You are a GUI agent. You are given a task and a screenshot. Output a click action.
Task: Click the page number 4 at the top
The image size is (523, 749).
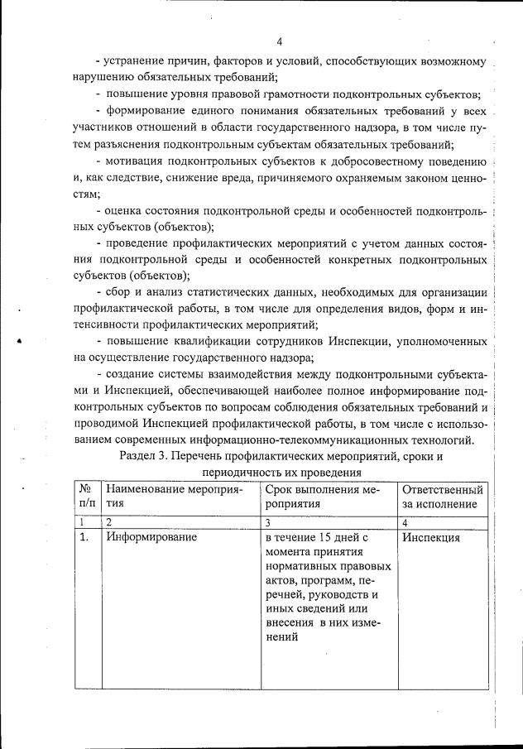tap(280, 41)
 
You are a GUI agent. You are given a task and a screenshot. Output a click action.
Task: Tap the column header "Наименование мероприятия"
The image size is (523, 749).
tap(170, 496)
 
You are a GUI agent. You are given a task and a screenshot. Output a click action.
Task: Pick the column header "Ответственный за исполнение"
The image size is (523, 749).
tap(442, 496)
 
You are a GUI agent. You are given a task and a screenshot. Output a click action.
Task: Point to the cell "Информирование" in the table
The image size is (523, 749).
tap(151, 538)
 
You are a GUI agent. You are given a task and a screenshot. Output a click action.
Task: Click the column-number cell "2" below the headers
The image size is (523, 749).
tap(109, 522)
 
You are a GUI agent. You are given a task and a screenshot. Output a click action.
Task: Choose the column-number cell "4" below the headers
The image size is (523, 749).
tap(405, 522)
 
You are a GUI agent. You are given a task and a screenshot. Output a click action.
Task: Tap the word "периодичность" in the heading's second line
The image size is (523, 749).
tap(241, 473)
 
